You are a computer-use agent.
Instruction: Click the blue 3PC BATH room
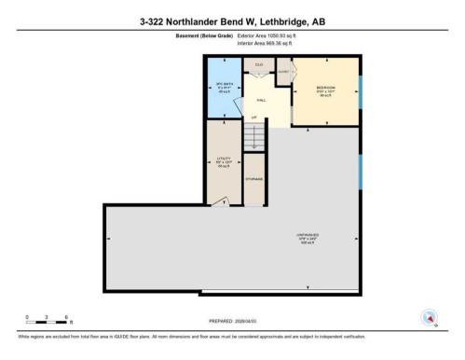click(222, 89)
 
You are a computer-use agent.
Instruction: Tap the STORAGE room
click(254, 179)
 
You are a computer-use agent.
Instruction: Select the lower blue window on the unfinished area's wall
click(362, 173)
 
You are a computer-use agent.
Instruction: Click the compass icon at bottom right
click(430, 316)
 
